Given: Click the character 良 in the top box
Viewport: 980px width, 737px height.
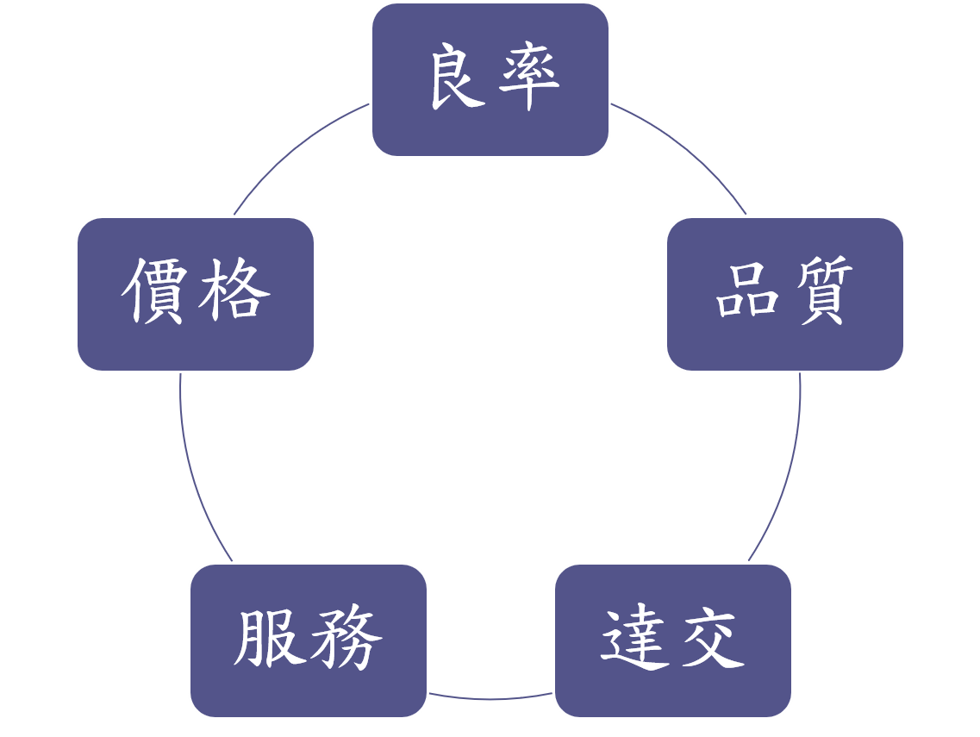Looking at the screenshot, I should point(457,79).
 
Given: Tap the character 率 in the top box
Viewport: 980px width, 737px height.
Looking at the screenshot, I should point(527,79).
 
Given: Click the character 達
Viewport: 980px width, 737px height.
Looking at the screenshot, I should point(635,640).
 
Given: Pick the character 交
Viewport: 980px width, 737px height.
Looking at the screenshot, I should point(710,640).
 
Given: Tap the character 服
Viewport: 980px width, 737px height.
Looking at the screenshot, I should point(269,640).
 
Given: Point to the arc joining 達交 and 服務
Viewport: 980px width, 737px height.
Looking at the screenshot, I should point(490,698).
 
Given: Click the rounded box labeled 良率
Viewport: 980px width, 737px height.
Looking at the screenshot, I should point(490,129).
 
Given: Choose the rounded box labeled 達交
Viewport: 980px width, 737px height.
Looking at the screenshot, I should point(672,690).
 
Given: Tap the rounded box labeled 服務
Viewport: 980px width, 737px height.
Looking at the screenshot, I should point(308,690).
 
